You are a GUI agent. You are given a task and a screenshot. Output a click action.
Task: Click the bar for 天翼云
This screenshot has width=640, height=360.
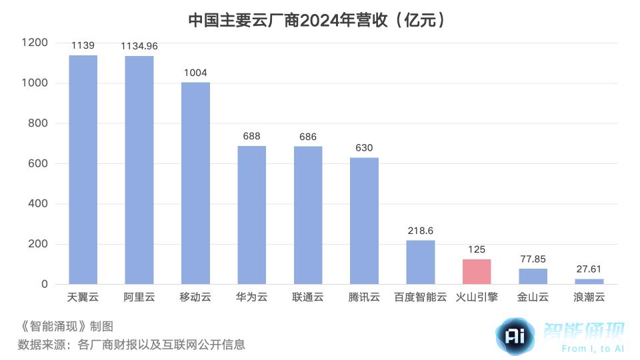(x=83, y=170)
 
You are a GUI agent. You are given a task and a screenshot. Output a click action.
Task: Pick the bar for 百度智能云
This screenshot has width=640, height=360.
(x=420, y=263)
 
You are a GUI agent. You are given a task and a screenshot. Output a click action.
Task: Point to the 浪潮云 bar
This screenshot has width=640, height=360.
(x=589, y=281)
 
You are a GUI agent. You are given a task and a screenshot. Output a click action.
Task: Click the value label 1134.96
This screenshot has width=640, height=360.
(x=139, y=46)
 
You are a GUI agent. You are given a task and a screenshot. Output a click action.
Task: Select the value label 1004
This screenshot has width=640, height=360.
(x=195, y=73)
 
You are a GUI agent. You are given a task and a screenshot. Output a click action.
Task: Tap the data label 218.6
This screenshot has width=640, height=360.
(x=420, y=231)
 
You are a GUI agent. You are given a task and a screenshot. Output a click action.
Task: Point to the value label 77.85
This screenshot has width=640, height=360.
(x=533, y=259)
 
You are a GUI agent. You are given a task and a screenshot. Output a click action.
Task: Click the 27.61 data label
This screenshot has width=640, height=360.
(x=589, y=269)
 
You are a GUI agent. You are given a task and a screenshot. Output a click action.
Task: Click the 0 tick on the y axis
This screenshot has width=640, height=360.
(x=45, y=284)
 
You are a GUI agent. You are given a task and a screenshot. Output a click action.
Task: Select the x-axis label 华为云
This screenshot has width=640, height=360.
(x=251, y=297)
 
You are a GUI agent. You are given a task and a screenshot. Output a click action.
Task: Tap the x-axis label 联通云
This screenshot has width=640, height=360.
(x=308, y=297)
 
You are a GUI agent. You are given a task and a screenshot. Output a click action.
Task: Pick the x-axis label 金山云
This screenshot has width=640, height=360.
(x=533, y=297)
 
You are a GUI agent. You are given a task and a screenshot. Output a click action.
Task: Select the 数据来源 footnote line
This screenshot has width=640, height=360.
(x=131, y=345)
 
